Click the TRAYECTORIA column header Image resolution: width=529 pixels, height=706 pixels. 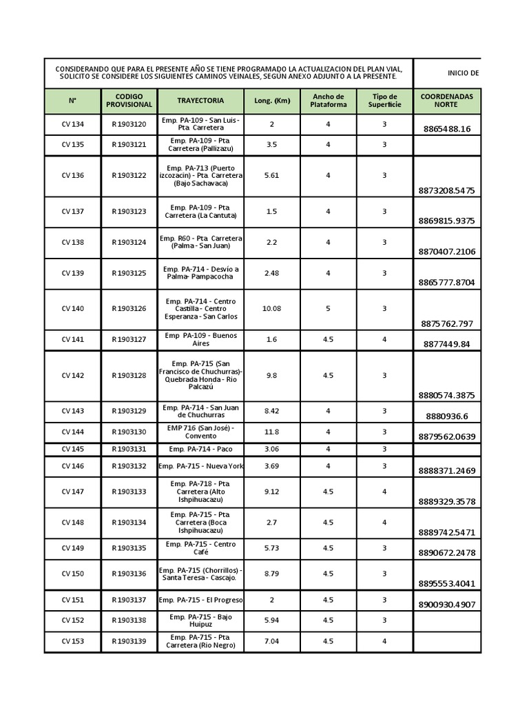tap(200, 101)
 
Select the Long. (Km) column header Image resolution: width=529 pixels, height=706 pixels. tap(272, 101)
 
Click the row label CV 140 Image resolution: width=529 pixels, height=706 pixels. tap(72, 309)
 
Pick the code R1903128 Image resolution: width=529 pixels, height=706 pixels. tap(129, 376)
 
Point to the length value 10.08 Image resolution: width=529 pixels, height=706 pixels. tap(272, 309)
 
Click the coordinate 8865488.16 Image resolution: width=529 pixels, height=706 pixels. tap(447, 129)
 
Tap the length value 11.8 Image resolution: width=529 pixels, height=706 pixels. tap(272, 432)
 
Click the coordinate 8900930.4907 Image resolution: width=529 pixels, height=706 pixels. tap(447, 605)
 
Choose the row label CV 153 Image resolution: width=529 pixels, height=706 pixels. tap(72, 642)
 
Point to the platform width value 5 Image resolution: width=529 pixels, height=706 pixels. tap(328, 309)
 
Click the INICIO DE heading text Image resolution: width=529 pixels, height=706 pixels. tap(464, 73)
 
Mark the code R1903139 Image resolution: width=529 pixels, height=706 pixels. tap(129, 642)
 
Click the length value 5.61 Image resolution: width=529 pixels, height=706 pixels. tap(272, 176)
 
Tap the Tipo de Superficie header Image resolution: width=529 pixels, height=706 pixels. tap(384, 101)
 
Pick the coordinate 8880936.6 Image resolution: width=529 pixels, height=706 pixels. tap(447, 416)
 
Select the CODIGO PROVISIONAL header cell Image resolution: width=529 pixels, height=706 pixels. tap(129, 101)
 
